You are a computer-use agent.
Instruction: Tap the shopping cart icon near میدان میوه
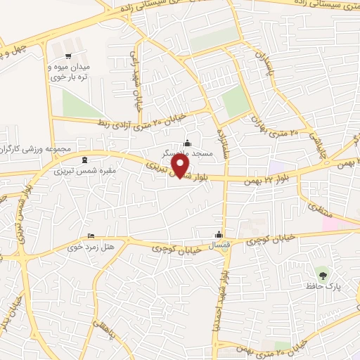click(67, 57)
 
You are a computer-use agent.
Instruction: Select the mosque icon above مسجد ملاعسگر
click(186, 143)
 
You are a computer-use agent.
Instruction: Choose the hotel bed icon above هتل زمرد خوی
click(90, 236)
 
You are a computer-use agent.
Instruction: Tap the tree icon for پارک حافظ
click(323, 275)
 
